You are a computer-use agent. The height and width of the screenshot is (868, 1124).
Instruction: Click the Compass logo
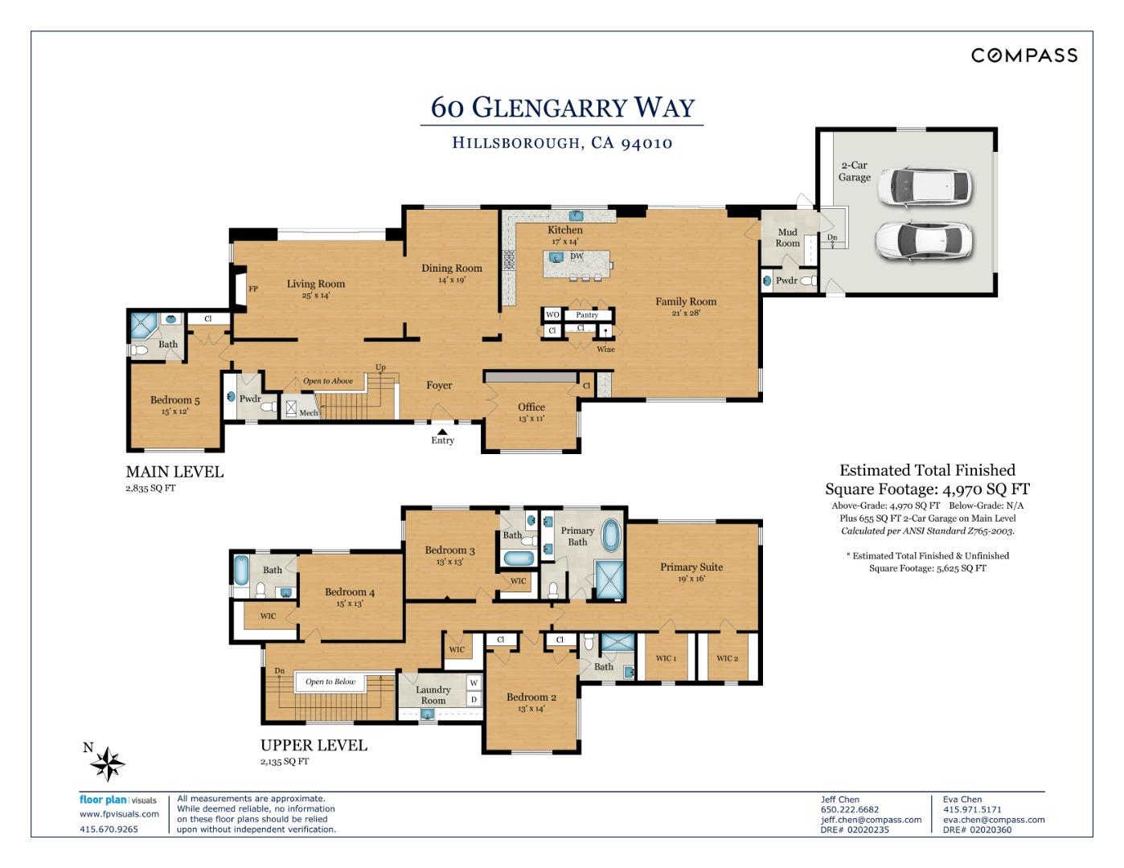click(1024, 55)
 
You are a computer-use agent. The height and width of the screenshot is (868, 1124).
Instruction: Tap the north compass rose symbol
click(108, 763)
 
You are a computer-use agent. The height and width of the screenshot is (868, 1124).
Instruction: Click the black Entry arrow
click(442, 432)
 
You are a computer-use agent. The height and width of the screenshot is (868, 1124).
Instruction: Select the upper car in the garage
click(925, 187)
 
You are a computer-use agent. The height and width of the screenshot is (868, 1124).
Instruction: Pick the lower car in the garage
click(925, 241)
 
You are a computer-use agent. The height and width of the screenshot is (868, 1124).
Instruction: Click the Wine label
click(605, 350)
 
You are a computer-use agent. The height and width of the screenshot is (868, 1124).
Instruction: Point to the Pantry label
click(587, 315)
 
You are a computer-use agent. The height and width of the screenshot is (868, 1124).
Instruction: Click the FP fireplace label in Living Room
click(253, 289)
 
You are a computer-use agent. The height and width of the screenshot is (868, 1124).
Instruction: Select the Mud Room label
click(787, 238)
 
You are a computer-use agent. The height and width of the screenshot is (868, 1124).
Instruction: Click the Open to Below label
click(330, 682)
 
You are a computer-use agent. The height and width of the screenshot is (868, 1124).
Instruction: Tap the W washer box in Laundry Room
click(474, 683)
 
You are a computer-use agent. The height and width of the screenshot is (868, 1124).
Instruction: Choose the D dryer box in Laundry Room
click(474, 699)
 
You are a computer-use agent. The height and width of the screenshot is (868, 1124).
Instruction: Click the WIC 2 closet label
click(728, 658)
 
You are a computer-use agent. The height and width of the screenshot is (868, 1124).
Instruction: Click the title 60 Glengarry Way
click(562, 107)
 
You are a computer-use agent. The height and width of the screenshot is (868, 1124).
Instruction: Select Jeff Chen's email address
click(871, 820)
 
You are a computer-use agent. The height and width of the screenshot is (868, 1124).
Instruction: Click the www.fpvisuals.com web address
click(119, 814)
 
